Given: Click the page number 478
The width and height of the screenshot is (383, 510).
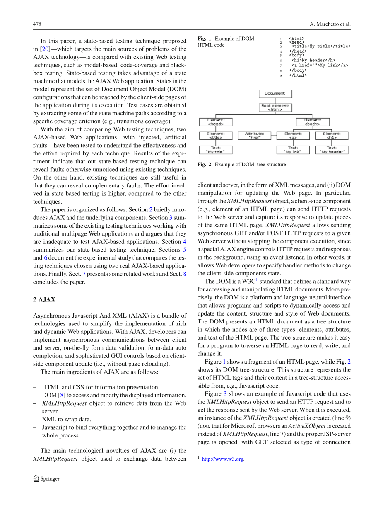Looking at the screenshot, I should point(37,24).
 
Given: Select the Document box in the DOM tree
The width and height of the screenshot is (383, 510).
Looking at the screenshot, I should point(275,94).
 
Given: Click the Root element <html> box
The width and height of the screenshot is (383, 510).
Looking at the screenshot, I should point(275,108).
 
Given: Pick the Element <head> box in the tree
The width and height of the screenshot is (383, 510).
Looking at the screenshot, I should point(215,122).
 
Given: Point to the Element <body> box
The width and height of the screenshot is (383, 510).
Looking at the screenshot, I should point(313,122).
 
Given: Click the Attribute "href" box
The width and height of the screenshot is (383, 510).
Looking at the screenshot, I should point(254,136).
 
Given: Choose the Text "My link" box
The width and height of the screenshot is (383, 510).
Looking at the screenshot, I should point(293,150).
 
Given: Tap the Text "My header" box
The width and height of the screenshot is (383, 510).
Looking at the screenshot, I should point(332,150).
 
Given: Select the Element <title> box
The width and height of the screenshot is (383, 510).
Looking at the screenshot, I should point(215,136).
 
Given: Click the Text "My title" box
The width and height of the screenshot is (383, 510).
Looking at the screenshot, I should point(215,150).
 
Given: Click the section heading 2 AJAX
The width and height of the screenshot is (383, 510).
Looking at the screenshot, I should point(44,299).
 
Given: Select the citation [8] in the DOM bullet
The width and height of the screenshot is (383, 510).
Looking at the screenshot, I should point(62,395).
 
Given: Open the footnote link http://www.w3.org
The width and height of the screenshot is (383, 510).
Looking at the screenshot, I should point(223,459).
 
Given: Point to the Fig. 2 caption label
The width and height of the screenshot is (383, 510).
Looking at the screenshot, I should point(204,165).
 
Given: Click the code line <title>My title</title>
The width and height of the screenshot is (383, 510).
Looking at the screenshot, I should point(320,46).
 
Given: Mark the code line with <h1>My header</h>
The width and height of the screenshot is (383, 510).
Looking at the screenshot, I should point(313,60).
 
